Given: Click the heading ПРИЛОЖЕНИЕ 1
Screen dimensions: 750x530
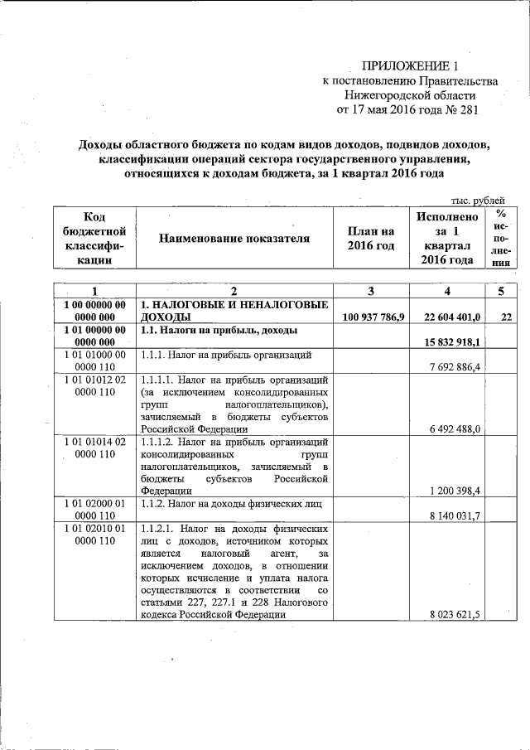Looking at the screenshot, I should coord(409,65).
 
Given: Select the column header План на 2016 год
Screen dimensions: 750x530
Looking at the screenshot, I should coord(370,239).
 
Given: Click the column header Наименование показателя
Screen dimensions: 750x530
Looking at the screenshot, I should coord(234,239).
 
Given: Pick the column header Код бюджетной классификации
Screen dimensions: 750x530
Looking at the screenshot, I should coord(94,239).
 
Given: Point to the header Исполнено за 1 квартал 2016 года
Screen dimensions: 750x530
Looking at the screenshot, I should coord(446,239).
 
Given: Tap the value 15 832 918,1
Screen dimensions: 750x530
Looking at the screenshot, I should coord(452,341).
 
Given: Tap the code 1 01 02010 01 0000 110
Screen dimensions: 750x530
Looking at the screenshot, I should coord(94,535).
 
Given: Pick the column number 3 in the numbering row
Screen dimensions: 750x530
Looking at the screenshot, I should coord(370,291).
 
